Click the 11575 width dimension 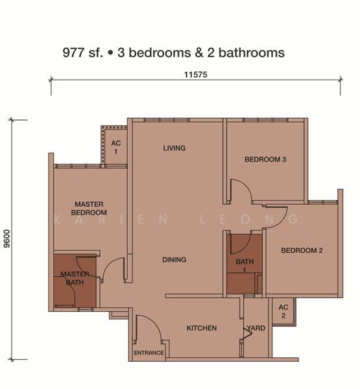(195, 75)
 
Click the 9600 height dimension (7, 239)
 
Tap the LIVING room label (174, 148)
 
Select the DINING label (174, 260)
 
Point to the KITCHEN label (202, 328)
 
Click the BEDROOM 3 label (265, 159)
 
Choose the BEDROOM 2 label (302, 250)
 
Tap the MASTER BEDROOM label (89, 208)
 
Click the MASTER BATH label (75, 278)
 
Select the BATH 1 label (245, 265)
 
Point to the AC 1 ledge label (116, 147)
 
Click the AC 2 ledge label (283, 311)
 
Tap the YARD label (256, 328)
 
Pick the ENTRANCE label (149, 353)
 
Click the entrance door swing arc (154, 322)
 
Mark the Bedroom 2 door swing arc (281, 222)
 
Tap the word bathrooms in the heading (252, 53)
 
